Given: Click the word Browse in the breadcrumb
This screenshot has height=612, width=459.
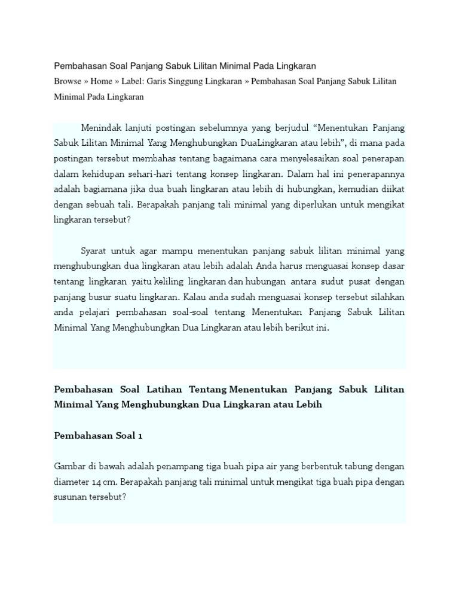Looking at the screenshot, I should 68,81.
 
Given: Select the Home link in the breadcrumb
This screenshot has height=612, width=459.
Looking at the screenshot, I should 102,81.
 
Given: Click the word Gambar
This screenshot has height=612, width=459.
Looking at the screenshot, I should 70,466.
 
